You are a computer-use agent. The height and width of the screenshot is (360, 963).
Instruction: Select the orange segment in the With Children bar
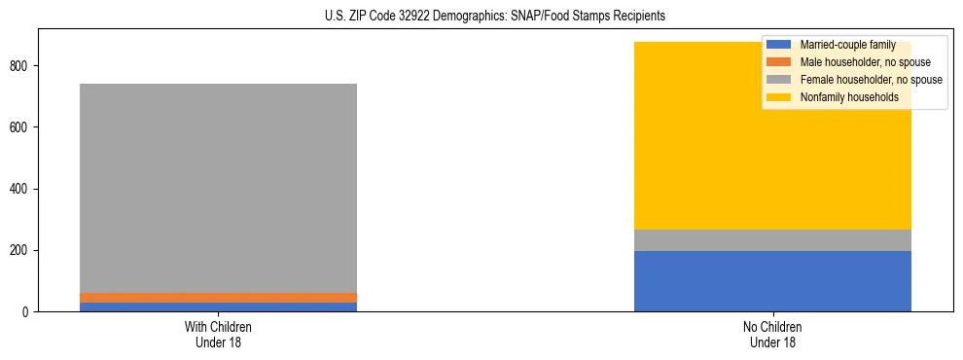[218, 298]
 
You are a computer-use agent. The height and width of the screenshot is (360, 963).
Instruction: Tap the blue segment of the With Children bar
[218, 307]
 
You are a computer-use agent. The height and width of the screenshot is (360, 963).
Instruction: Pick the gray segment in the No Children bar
[772, 240]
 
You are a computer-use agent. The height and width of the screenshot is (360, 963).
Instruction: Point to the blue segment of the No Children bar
[772, 281]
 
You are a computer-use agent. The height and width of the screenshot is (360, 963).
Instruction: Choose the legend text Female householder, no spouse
[871, 80]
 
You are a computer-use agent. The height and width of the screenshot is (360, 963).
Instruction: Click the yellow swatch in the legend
[779, 97]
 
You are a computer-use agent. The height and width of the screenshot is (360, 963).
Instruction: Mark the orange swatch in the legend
[779, 62]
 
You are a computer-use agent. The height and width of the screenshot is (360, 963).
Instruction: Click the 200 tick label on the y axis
[20, 250]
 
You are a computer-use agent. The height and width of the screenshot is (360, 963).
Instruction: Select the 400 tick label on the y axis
[20, 189]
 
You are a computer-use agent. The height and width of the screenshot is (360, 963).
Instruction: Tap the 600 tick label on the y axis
[20, 127]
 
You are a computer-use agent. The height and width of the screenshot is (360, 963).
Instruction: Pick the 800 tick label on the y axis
[20, 66]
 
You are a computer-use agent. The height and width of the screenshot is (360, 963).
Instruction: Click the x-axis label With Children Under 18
[218, 335]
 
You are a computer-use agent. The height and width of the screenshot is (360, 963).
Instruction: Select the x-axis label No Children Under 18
[772, 335]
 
